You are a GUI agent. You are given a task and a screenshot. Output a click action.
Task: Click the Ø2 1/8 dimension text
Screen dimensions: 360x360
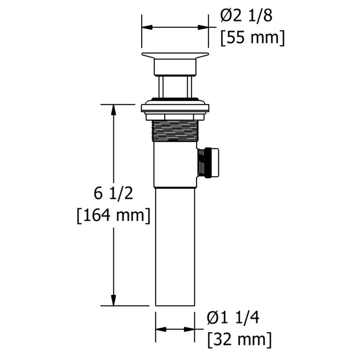coord(247,17)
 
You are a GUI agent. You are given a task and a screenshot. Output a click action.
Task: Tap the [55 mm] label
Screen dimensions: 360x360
coord(252,37)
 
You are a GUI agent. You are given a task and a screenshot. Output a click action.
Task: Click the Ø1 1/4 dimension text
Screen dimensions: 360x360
coord(234,318)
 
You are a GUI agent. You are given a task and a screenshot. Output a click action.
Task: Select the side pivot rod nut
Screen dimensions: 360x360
coord(210,162)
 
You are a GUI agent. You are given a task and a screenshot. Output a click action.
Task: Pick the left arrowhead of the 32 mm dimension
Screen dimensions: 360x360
coord(159,328)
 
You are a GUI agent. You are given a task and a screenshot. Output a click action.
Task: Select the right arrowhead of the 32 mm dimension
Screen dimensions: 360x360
coord(191,328)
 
